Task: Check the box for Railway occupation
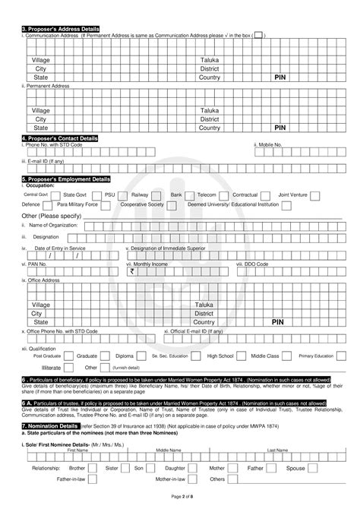click(x=161, y=195)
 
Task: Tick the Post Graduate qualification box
click(x=69, y=356)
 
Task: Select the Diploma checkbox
click(x=141, y=356)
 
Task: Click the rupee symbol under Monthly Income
click(x=132, y=270)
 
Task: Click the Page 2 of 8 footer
click(x=180, y=495)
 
